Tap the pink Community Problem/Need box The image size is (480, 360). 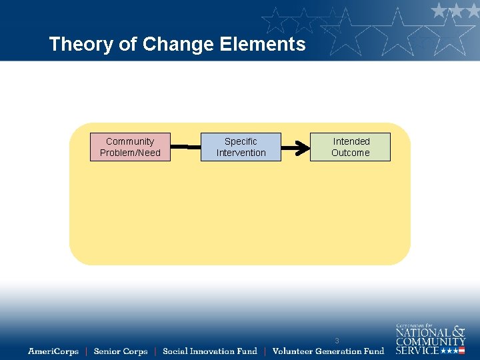point(130,147)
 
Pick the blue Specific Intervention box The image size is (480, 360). point(241,147)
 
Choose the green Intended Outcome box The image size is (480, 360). point(351,147)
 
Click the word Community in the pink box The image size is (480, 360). point(130,141)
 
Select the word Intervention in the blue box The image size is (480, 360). point(241,153)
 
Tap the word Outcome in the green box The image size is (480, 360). point(351,153)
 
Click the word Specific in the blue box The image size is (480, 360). point(241,141)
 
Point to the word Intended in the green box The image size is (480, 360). point(351,141)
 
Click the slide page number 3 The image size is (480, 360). point(337,341)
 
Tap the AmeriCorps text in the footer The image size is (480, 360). point(53,351)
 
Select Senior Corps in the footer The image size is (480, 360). point(121,351)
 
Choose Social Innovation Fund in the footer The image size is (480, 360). point(209,351)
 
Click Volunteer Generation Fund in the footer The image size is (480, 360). point(328,351)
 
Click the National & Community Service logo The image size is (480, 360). point(430,339)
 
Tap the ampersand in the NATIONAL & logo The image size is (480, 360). point(458,331)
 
